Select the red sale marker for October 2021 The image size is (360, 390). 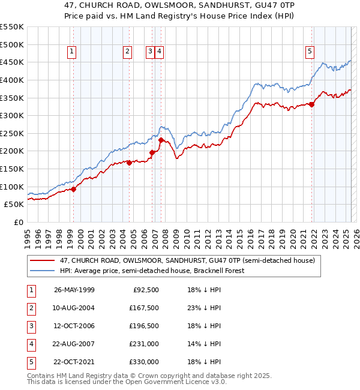[312, 104]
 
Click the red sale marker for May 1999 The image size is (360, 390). [73, 189]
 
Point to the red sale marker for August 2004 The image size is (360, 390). [129, 162]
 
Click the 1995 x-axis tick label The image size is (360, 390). [28, 236]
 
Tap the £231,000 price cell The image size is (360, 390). [144, 344]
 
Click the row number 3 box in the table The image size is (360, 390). [30, 326]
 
